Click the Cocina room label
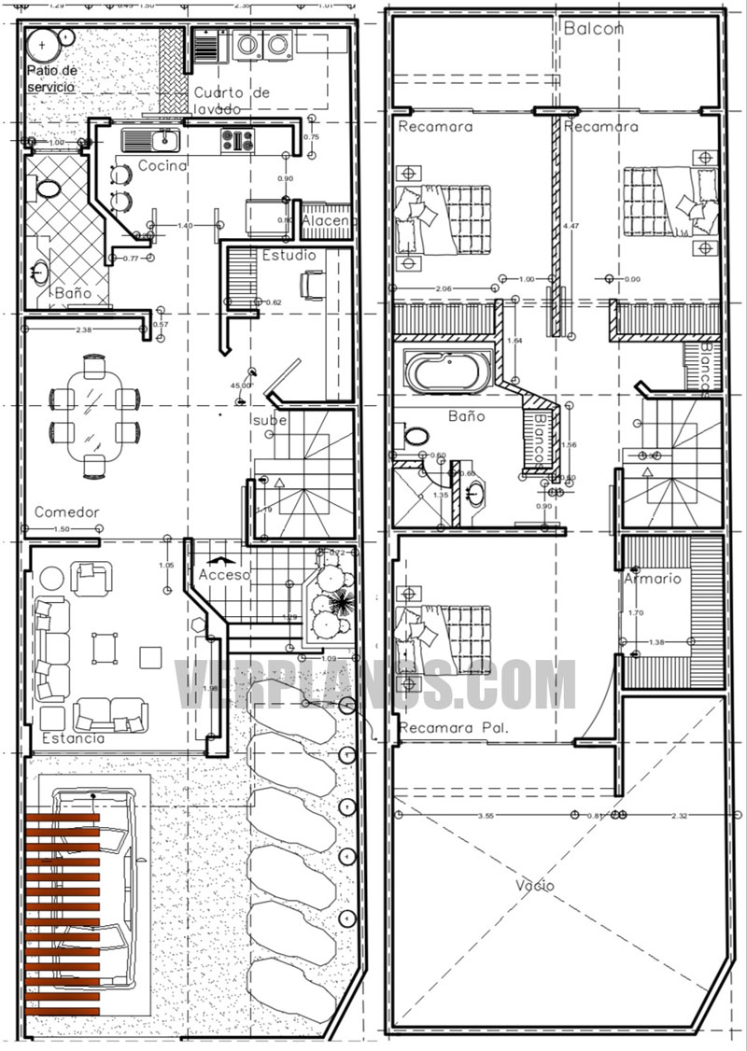162,166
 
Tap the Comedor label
66,512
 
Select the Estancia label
73,738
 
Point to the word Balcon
593,29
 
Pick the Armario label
655,579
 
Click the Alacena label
329,220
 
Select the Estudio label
289,255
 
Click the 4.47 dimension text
571,225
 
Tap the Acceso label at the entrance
223,575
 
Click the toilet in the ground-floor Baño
47,189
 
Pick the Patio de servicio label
52,78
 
